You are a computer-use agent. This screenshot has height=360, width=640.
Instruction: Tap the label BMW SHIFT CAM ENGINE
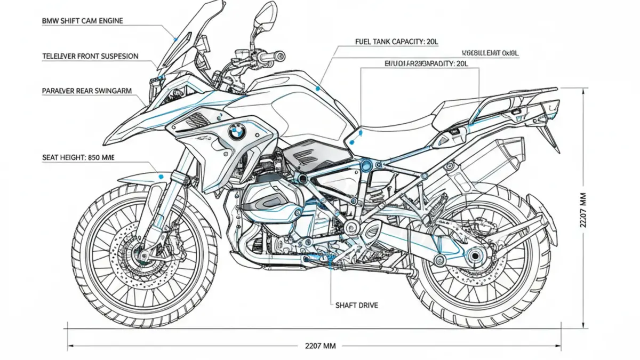tap(82, 21)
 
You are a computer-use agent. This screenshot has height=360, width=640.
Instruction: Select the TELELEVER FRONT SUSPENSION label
tap(90, 56)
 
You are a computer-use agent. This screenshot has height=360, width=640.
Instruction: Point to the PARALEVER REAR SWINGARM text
tap(86, 91)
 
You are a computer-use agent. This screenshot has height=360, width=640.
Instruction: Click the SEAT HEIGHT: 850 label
tap(78, 158)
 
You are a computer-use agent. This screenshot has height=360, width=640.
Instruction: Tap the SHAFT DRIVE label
tap(357, 305)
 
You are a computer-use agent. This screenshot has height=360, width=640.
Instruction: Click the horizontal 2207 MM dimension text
tap(320, 346)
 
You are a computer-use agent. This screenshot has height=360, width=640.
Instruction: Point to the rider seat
tap(395, 124)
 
